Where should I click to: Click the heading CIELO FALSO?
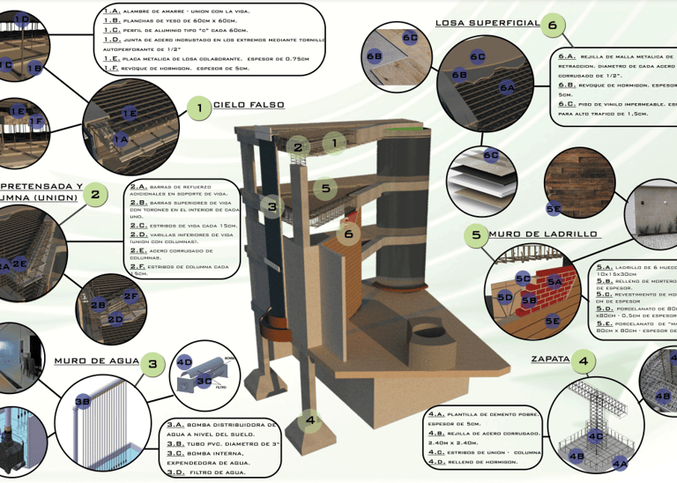(x=249, y=105)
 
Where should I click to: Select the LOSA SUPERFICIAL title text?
(x=487, y=23)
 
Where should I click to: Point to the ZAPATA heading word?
(x=550, y=360)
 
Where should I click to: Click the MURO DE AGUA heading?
(x=97, y=360)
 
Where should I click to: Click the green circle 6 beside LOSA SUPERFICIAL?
(x=553, y=26)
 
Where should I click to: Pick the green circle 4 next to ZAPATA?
(x=583, y=360)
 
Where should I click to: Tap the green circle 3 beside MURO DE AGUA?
(x=153, y=362)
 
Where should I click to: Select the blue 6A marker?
(x=507, y=88)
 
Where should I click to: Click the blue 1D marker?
(x=23, y=19)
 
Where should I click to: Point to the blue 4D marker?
(x=184, y=361)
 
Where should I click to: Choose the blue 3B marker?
(x=82, y=402)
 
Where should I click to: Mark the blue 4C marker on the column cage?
(x=596, y=435)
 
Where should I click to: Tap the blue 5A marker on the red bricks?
(x=554, y=282)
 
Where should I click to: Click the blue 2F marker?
(x=130, y=297)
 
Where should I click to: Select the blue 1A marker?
(x=121, y=139)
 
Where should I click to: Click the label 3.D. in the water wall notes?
(x=175, y=472)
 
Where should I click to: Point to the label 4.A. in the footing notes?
(x=436, y=413)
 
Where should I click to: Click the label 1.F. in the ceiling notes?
(x=112, y=68)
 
